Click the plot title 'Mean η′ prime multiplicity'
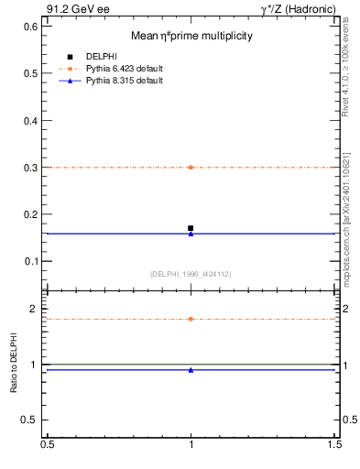click(x=191, y=36)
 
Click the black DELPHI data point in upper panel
click(x=191, y=228)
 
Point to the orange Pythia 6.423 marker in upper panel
click(x=191, y=168)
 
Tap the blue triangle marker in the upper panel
click(x=191, y=234)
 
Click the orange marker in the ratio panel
click(x=191, y=319)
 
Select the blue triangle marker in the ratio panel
click(x=191, y=370)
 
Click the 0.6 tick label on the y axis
click(x=29, y=27)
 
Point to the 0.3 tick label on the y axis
click(x=29, y=168)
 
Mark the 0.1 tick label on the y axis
click(x=29, y=262)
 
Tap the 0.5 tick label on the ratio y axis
click(x=29, y=420)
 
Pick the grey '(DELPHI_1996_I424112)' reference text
click(x=191, y=273)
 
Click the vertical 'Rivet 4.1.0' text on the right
click(x=345, y=69)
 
